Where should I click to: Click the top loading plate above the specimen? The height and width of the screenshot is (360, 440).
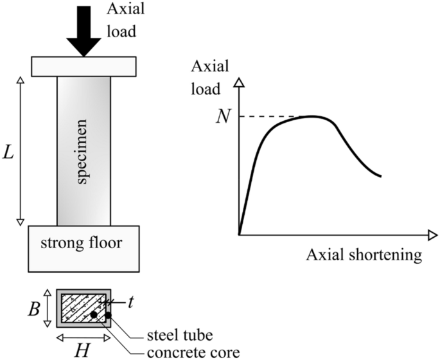point(84,66)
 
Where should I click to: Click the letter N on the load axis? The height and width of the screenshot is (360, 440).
point(223,117)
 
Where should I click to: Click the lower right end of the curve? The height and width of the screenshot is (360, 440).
point(381,175)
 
